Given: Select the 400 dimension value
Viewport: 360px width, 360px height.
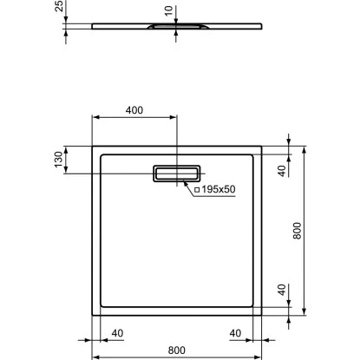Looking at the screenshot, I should (134, 110).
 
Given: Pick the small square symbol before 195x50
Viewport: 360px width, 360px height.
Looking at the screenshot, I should (198, 190).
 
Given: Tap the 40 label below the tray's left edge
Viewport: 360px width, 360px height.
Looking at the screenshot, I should (118, 331).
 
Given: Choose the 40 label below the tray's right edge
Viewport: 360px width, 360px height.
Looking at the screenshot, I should (235, 331).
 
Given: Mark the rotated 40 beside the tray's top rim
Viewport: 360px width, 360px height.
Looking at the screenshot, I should (281, 170).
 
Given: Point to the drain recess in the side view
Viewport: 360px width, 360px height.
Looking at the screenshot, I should (176, 28).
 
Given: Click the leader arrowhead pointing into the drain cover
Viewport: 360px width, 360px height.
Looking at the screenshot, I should (185, 183).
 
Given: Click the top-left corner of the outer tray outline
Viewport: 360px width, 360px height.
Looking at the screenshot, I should (94, 147).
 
